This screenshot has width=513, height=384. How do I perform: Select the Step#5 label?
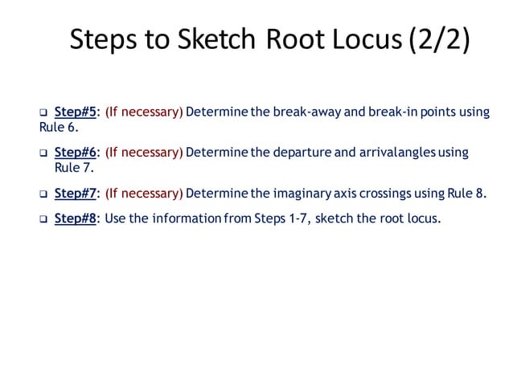click(x=76, y=112)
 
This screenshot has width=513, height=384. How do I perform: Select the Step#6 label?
click(x=76, y=152)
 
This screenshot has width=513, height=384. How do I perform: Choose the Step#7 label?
click(x=76, y=192)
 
